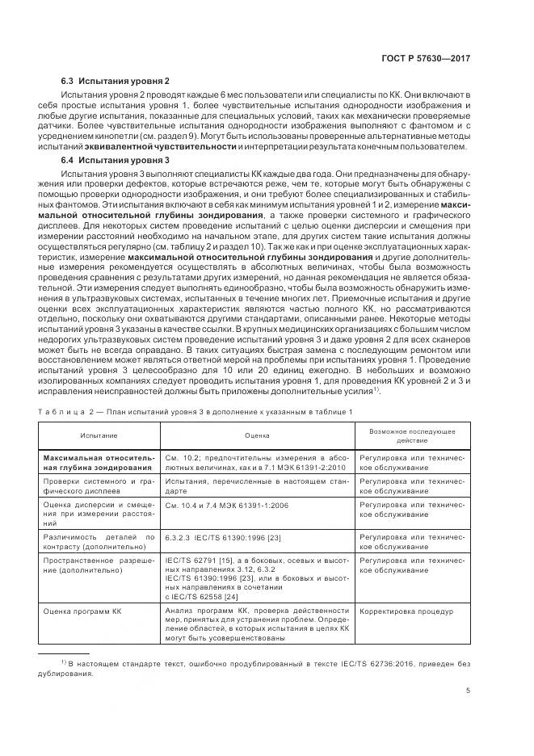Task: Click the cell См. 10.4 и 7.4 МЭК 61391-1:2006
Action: point(230,504)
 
